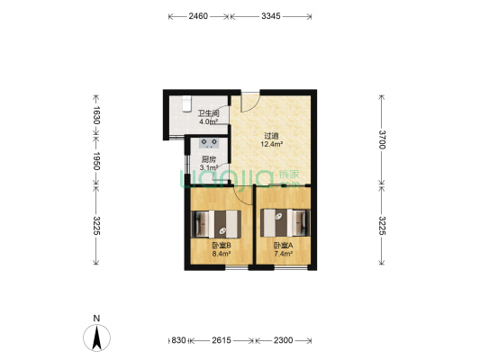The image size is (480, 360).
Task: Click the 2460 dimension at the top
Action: (x=199, y=17)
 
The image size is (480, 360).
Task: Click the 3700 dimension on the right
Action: (x=382, y=139)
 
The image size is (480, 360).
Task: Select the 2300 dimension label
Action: (x=283, y=340)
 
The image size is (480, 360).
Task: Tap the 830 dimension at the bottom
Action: (x=178, y=340)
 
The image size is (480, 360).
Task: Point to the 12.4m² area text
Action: (x=272, y=144)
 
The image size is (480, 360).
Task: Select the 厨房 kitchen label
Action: (x=208, y=159)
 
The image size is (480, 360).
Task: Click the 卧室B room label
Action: (x=221, y=246)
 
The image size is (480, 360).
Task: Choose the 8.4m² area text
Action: (x=221, y=255)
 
